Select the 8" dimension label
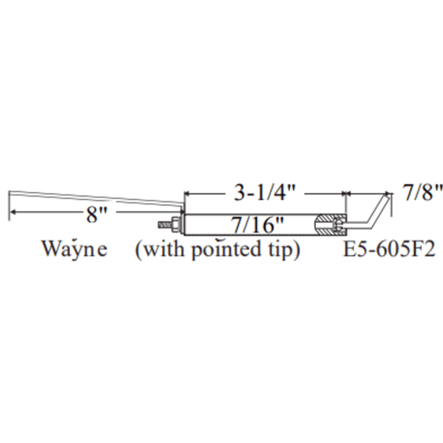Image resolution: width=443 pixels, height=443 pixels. [x=97, y=215]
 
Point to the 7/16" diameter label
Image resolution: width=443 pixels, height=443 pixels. [x=258, y=225]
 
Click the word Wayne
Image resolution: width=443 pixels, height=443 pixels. [x=75, y=249]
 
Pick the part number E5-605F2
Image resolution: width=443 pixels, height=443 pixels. [x=388, y=249]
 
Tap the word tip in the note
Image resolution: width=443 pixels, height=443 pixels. [x=282, y=250]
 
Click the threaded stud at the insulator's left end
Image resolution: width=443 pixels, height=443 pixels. [x=164, y=225]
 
